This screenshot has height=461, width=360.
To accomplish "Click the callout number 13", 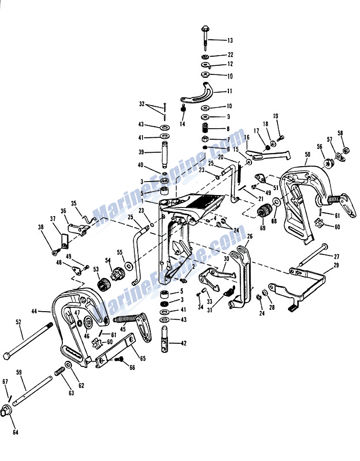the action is pyautogui.click(x=230, y=40).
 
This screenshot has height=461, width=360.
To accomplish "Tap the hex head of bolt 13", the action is pyautogui.click(x=204, y=29).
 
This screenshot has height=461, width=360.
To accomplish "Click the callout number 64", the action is pyautogui.click(x=15, y=432).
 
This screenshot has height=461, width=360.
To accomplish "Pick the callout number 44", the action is pyautogui.click(x=35, y=311).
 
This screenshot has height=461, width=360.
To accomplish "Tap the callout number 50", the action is pyautogui.click(x=307, y=154).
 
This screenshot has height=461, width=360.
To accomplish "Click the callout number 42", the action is pyautogui.click(x=184, y=343).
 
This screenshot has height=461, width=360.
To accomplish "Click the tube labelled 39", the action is pyautogui.click(x=164, y=154).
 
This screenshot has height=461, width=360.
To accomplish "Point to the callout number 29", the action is pyautogui.click(x=336, y=265).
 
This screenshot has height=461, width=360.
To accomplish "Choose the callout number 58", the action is pyautogui.click(x=340, y=133).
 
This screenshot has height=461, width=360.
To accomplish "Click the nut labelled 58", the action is pyautogui.click(x=346, y=150).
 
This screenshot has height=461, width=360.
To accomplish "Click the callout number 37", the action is pyautogui.click(x=53, y=219).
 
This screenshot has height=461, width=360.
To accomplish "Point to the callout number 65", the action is pyautogui.click(x=143, y=358).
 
